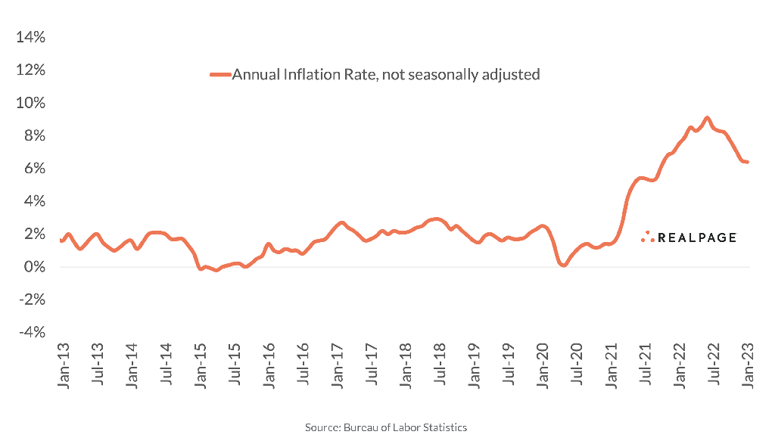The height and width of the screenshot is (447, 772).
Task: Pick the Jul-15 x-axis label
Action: pyautogui.click(x=235, y=366)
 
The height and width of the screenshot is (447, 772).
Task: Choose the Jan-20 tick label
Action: pyautogui.click(x=543, y=366)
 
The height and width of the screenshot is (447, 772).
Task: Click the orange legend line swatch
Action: pyautogui.click(x=220, y=74)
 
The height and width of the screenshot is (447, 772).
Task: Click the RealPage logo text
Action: pyautogui.click(x=696, y=237)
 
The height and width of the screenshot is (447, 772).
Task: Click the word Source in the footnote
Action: pyautogui.click(x=320, y=428)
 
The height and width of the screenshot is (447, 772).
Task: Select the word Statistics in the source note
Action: pyautogui.click(x=444, y=428)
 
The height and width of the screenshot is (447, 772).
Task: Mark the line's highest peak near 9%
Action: pyautogui.click(x=707, y=118)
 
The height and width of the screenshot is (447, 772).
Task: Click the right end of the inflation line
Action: pyautogui.click(x=748, y=162)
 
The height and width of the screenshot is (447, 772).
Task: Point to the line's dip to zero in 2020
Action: pyautogui.click(x=562, y=265)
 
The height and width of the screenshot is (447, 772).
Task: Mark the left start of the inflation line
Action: pyautogui.click(x=61, y=240)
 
